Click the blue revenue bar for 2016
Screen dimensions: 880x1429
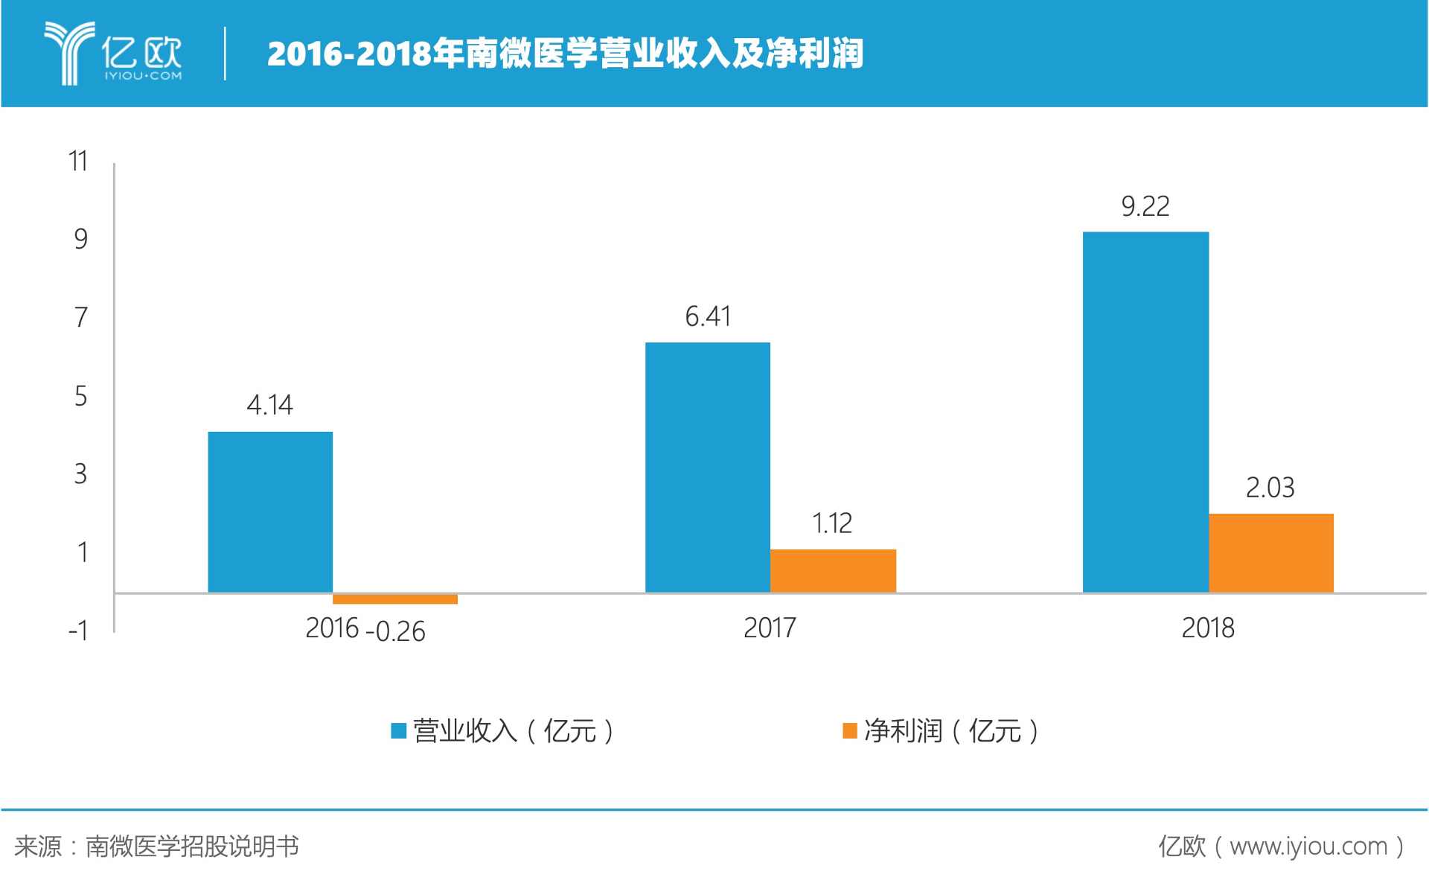click(270, 512)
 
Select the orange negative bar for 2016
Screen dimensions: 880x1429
click(395, 599)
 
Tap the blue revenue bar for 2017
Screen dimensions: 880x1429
click(707, 468)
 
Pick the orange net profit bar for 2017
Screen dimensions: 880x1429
click(833, 571)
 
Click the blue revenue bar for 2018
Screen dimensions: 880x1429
click(1145, 412)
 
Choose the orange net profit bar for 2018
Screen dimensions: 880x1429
click(1270, 553)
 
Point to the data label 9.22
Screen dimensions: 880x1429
click(1145, 206)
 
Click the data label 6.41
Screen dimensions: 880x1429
click(708, 317)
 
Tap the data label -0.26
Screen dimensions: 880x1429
click(395, 632)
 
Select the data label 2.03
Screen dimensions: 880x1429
click(1270, 488)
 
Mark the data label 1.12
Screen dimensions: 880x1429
click(832, 523)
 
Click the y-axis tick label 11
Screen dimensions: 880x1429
click(78, 162)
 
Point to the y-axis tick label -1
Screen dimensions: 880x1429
click(78, 631)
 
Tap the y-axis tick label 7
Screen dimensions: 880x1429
click(81, 318)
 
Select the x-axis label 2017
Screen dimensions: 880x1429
click(770, 628)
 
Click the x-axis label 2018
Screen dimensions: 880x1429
click(1208, 628)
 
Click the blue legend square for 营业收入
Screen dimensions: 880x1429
click(399, 731)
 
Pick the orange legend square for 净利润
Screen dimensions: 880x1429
click(849, 731)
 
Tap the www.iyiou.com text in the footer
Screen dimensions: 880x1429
click(1308, 846)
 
